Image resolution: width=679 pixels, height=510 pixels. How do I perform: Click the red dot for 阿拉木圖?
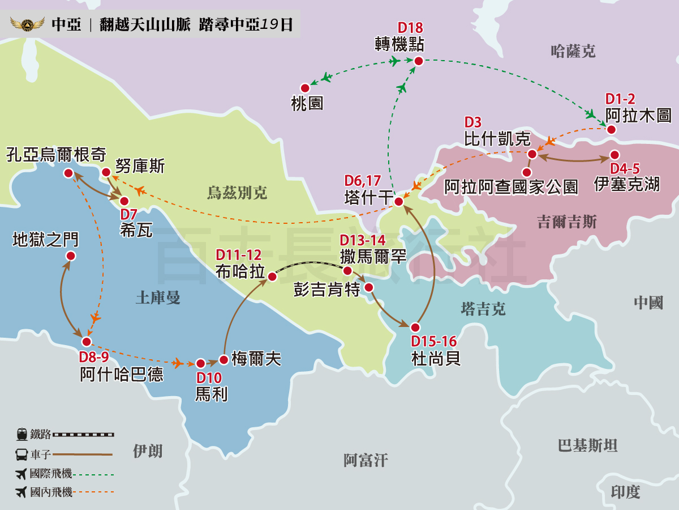click(x=611, y=130)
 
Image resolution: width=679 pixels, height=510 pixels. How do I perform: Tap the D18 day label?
click(x=410, y=28)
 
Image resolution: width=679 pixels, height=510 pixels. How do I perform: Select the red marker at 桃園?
click(x=305, y=88)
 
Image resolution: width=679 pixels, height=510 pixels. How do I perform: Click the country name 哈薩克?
click(x=573, y=52)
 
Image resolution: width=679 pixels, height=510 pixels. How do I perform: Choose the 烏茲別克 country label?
click(x=237, y=193)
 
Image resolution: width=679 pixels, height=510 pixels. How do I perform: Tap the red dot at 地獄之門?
click(x=71, y=256)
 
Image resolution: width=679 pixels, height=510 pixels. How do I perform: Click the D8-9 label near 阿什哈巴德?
click(x=93, y=358)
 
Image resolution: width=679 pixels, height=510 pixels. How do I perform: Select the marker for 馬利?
click(x=200, y=363)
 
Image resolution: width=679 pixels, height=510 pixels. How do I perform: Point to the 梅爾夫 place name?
click(x=256, y=359)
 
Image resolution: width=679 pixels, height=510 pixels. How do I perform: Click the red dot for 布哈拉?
click(x=272, y=277)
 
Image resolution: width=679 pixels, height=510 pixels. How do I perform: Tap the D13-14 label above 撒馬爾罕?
click(x=363, y=240)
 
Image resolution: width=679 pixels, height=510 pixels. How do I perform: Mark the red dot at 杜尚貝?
click(x=415, y=328)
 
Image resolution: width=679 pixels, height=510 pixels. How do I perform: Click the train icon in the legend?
click(x=22, y=435)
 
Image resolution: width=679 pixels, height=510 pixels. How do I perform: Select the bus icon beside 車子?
click(x=22, y=454)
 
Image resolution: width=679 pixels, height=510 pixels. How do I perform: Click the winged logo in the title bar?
click(x=27, y=25)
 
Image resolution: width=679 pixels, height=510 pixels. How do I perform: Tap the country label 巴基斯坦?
click(x=587, y=446)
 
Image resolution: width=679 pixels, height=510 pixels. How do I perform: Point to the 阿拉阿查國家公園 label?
click(x=511, y=187)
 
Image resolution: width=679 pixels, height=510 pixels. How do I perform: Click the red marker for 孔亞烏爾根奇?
click(x=68, y=173)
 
